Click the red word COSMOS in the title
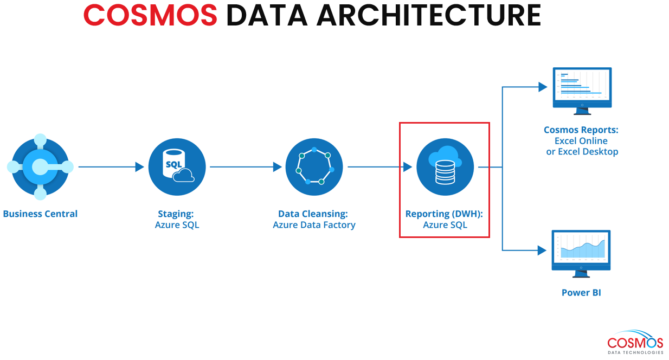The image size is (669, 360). tap(150, 15)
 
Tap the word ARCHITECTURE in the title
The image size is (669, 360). tap(429, 15)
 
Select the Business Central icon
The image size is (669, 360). tap(40, 166)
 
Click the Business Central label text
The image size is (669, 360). tap(40, 214)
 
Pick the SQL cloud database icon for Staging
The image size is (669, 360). tap(177, 166)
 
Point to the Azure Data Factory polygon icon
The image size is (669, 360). tap(314, 166)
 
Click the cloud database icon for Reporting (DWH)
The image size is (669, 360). tap(445, 166)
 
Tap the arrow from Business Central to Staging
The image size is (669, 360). tap(111, 166)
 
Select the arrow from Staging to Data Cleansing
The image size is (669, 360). tap(246, 166)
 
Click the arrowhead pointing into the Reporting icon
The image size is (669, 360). tap(408, 166)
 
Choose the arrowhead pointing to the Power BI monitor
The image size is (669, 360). tap(542, 250)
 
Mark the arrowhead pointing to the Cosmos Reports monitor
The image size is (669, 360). tap(543, 87)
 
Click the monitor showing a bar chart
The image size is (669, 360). tap(582, 91)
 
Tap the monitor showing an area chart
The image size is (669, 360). tap(581, 254)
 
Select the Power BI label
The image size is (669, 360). tap(581, 292)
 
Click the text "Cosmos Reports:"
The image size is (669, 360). tap(581, 130)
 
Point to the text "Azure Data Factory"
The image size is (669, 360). tap(314, 224)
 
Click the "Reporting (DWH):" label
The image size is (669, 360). tap(444, 214)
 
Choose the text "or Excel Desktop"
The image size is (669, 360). tap(582, 152)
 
